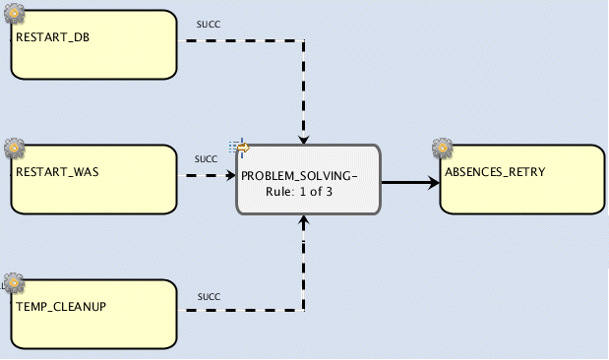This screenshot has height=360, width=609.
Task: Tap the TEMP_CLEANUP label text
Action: coord(61,306)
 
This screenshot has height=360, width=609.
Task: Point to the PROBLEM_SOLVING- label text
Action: coord(299,174)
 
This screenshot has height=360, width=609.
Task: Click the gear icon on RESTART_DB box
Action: coord(14,13)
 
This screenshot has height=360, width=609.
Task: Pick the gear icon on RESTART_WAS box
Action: coord(14,148)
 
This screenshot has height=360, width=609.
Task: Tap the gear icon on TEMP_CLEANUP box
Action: coord(14,283)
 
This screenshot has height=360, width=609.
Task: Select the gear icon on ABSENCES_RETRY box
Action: coord(443,149)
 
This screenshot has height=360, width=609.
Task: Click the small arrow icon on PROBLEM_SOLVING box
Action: coord(241,148)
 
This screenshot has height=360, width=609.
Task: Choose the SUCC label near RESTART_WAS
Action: coord(206,157)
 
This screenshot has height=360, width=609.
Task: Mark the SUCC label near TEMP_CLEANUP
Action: coord(209,296)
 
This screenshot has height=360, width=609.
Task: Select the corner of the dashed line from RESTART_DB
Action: coord(306,41)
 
